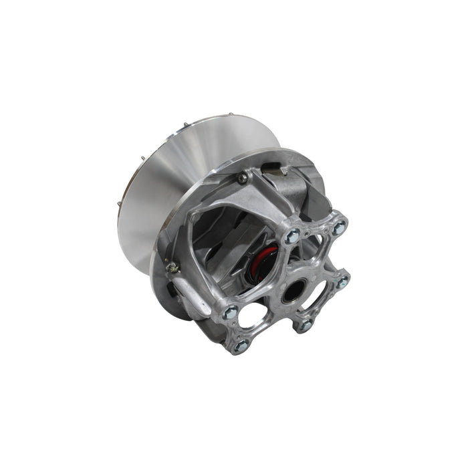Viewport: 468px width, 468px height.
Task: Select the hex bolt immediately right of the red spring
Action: coord(292,235)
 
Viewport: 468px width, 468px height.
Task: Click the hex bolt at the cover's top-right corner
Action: coord(339,228)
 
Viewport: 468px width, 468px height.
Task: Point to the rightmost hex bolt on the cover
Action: coord(342,283)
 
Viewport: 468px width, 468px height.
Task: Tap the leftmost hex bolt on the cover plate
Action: coord(230,312)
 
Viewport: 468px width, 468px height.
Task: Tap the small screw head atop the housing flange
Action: coord(242,178)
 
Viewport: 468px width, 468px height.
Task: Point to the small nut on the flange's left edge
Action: coord(172,267)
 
